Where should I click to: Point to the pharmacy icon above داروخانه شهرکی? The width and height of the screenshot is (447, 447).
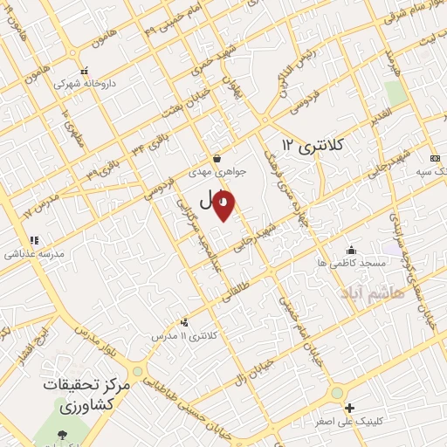[x=84, y=72]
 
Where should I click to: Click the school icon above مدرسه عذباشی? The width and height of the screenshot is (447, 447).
[x=34, y=240]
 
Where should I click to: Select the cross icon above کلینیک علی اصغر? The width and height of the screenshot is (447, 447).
[x=349, y=408]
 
